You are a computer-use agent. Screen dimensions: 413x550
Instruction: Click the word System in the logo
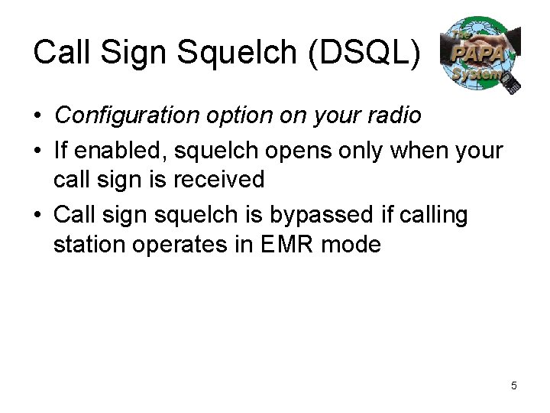point(477,74)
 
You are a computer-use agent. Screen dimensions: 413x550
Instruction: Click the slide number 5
point(513,385)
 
